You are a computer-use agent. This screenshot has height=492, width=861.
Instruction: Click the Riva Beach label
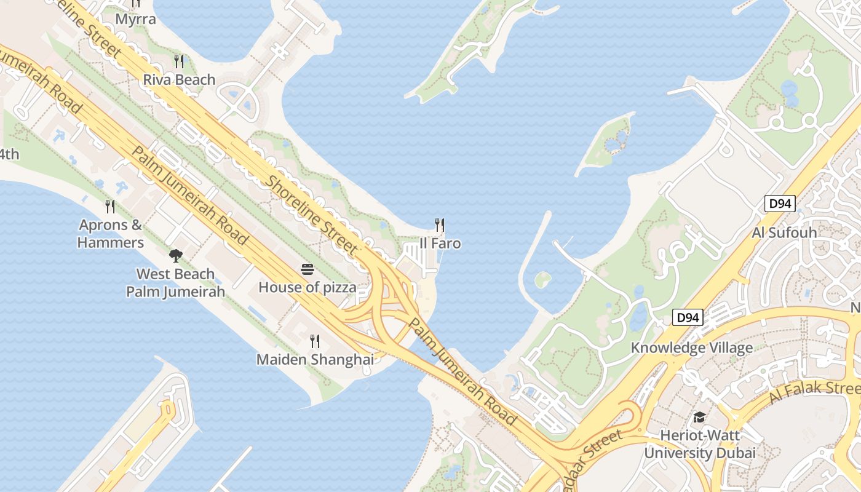[x=179, y=80]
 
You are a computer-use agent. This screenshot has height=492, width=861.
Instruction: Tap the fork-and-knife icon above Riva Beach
[x=179, y=61]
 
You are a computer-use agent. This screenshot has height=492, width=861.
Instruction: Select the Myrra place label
[x=135, y=19]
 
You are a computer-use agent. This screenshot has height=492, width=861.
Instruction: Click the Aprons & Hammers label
[x=111, y=234]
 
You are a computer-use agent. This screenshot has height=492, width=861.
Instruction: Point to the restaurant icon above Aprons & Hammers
[x=110, y=206]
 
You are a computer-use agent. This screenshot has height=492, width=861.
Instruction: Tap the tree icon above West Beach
[x=175, y=255]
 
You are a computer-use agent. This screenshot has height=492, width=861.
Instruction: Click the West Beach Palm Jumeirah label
[x=175, y=283]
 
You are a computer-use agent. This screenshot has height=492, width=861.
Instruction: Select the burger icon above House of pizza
[x=307, y=269]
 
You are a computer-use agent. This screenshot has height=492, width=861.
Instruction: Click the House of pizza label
[x=307, y=287]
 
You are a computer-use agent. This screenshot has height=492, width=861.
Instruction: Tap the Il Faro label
[x=440, y=244]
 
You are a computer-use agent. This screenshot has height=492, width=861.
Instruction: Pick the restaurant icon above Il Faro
[x=440, y=225]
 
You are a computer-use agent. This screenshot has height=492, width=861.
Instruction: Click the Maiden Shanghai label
[x=315, y=360]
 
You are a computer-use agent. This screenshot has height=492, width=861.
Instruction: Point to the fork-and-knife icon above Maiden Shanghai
[x=315, y=341]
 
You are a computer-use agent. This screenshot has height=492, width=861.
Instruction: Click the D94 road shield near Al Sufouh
[x=780, y=204]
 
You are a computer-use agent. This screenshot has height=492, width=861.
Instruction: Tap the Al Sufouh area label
[x=784, y=232]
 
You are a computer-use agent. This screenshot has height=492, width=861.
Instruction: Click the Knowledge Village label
[x=691, y=348]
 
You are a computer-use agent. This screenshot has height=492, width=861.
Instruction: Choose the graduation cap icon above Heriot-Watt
[x=699, y=418]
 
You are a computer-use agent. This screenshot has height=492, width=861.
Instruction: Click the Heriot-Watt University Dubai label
[x=699, y=444]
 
